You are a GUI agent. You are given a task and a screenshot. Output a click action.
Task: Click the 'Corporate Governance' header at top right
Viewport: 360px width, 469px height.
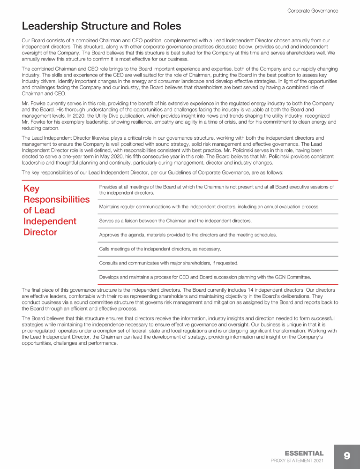[x=312, y=10]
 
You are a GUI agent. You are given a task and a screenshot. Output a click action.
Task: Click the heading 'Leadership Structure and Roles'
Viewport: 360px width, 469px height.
[x=101, y=25]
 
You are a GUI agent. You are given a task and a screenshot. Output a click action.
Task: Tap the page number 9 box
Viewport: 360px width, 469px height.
[x=347, y=456]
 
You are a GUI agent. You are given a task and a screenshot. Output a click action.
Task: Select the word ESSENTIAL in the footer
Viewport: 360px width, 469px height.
[x=304, y=453]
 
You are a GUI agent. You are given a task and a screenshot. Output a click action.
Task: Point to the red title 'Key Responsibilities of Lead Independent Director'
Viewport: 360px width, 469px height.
[x=56, y=211]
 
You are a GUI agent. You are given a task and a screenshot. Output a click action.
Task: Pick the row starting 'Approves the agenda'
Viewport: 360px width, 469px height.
[x=188, y=234]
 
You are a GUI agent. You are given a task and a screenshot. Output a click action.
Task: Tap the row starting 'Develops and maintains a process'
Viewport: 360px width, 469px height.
[x=204, y=277]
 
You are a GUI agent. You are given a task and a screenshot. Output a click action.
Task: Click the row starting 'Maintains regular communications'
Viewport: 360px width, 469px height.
[x=209, y=207]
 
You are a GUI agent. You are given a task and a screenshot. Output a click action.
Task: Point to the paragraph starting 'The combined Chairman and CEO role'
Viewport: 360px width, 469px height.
[x=180, y=81]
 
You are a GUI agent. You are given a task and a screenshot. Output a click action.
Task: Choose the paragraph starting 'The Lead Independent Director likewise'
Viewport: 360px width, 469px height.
[x=180, y=151]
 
